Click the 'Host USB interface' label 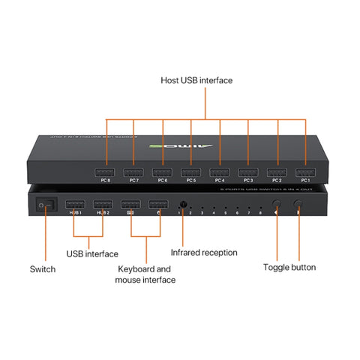[x=196, y=80]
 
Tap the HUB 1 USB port [x=75, y=203]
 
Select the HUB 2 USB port [x=103, y=203]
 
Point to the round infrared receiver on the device [x=181, y=203]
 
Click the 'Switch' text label [x=43, y=268]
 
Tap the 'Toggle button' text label [x=289, y=266]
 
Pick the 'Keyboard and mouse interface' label [x=145, y=274]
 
